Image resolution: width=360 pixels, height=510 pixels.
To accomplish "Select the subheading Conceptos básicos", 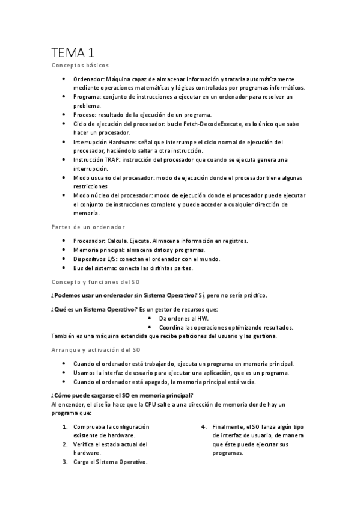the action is (x=80, y=65).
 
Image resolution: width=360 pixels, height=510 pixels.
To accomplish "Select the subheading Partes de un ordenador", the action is (x=87, y=227).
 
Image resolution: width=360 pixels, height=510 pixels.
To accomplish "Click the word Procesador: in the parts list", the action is (x=91, y=241).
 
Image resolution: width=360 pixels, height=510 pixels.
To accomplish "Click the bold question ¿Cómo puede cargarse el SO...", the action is (x=122, y=395).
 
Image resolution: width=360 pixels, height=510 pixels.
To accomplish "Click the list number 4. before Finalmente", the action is (x=204, y=426).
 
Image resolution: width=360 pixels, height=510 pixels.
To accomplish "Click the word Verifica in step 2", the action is (x=85, y=444).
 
